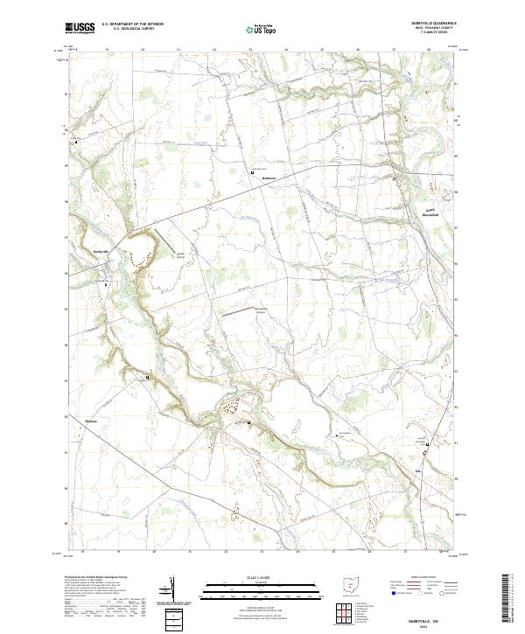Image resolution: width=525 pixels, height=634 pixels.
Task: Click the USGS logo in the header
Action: [80, 28]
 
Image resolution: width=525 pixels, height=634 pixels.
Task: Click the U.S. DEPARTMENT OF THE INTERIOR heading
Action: [132, 24]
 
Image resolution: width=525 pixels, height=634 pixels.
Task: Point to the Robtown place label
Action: [269, 178]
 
